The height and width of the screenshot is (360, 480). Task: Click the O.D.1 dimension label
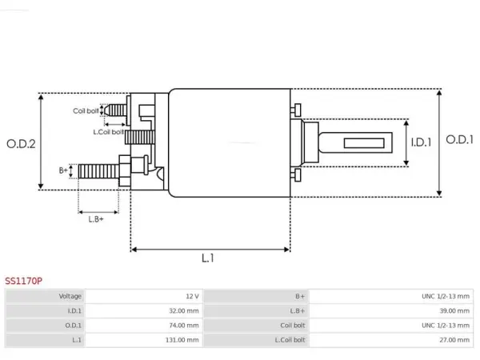pos(459,139)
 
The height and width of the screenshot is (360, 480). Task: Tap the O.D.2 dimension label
pos(21,143)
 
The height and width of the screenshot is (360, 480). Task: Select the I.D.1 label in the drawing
pos(421,142)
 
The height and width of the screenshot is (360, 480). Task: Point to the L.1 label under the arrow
pos(208,258)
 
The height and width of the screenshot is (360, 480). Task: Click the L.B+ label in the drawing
pos(96,219)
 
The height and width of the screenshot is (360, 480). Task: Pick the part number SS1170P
pos(23,281)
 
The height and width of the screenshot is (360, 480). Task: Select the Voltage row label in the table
pos(70,296)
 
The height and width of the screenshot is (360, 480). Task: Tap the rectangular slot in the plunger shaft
pos(364,143)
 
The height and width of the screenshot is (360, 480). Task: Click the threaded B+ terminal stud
pos(98,171)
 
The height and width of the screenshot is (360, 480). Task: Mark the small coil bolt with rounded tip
pos(114,110)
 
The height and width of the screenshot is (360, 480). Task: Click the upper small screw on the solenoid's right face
pos(296,110)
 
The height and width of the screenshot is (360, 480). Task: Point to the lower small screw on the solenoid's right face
pos(296,175)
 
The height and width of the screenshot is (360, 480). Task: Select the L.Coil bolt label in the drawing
pos(108,132)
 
